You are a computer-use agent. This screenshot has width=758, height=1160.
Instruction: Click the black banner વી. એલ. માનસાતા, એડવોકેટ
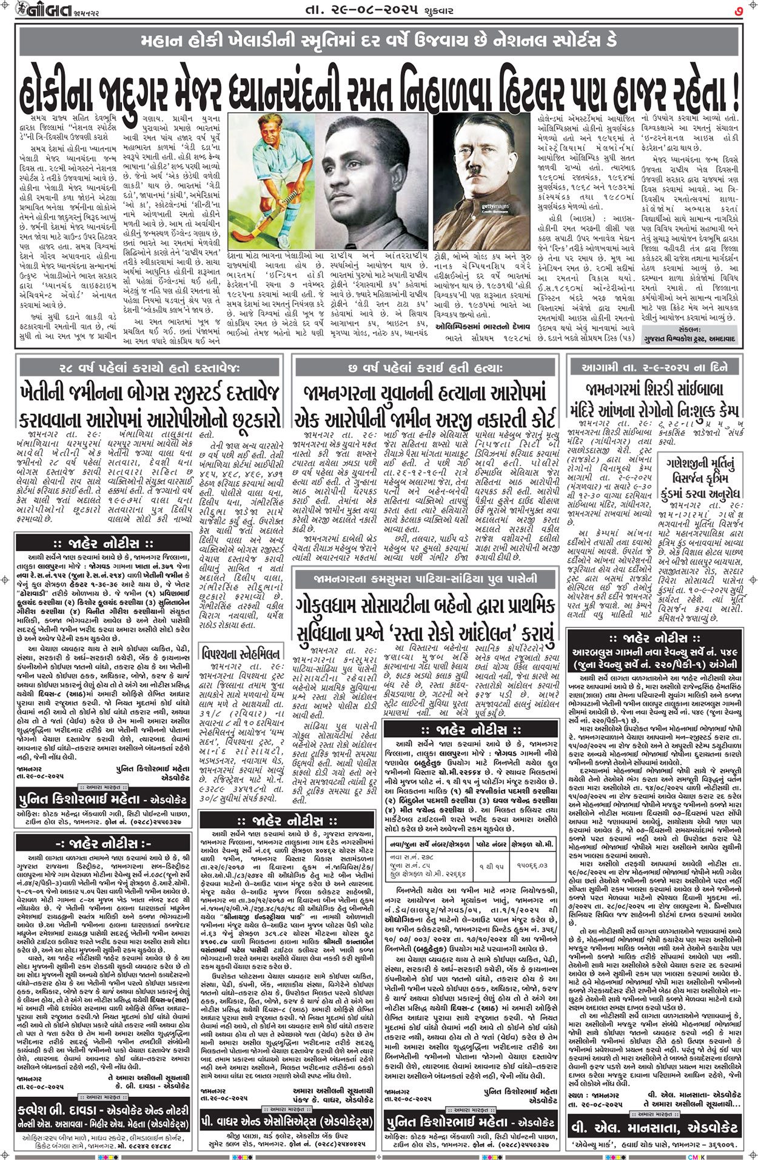click(x=654, y=1128)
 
